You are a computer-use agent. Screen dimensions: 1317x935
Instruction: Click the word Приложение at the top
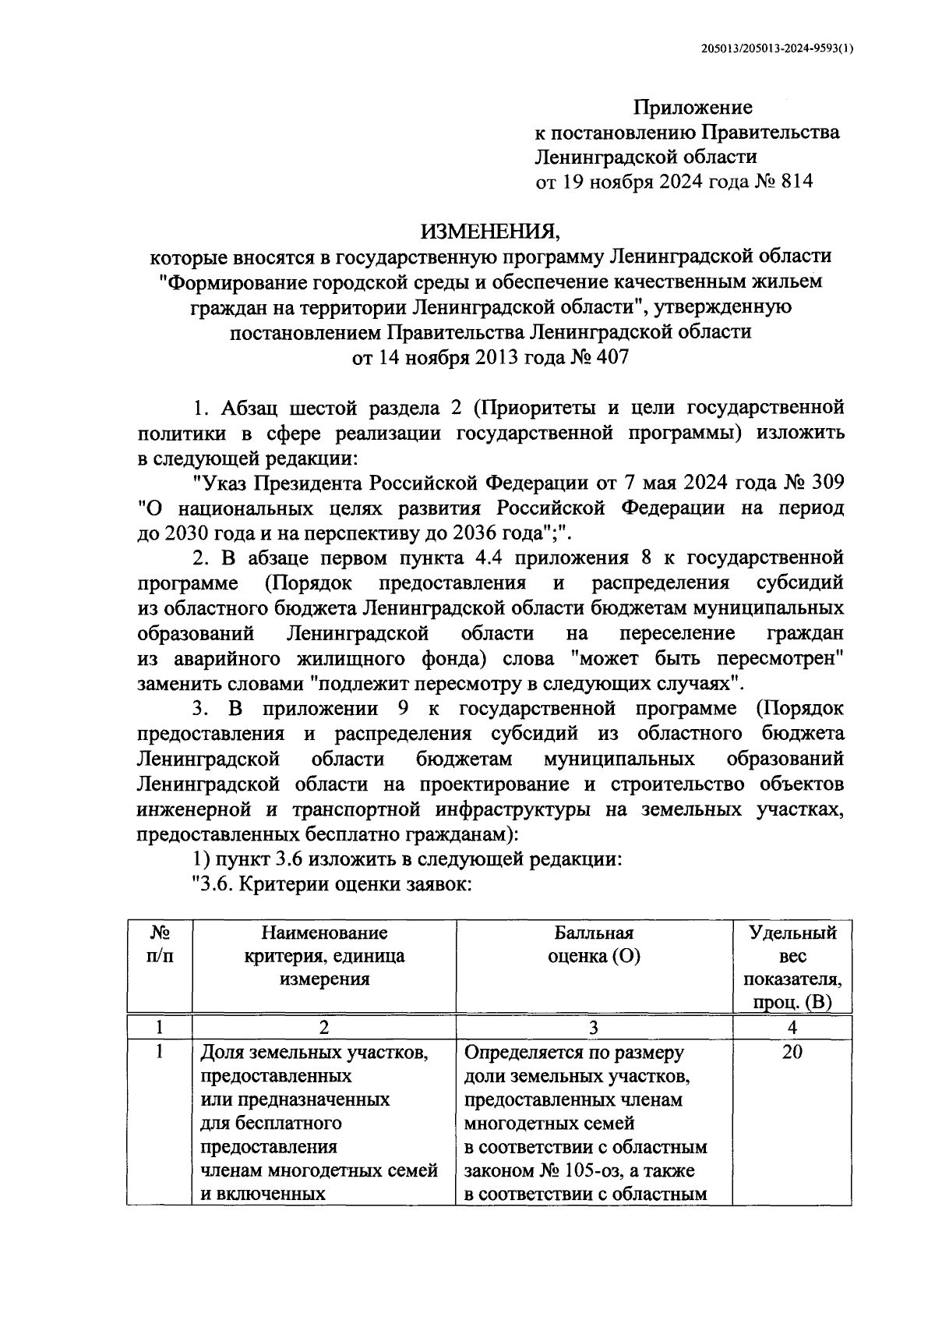coord(693,108)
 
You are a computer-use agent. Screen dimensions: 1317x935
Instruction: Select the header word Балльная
coord(594,933)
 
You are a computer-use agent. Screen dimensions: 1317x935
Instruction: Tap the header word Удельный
coord(792,933)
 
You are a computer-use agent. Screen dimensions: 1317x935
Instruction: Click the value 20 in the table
coord(792,1053)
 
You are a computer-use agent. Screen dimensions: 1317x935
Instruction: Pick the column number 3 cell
coord(594,1027)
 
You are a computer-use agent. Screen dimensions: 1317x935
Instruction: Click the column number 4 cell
coord(792,1027)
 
